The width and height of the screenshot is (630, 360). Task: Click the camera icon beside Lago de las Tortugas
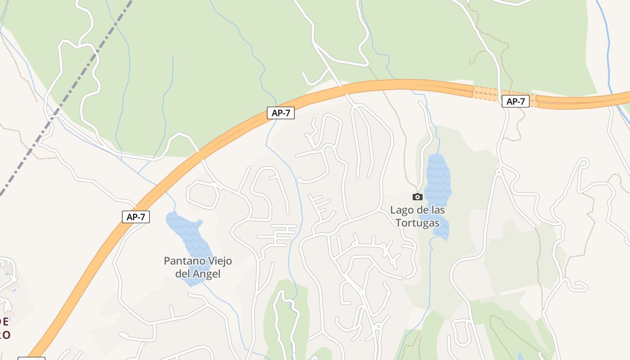pos(418,197)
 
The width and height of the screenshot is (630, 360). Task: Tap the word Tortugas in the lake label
pos(418,223)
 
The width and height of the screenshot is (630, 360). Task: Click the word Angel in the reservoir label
pos(207,274)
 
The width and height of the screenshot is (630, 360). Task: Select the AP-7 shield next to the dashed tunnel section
pos(516,101)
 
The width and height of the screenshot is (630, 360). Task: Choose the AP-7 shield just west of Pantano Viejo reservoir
pos(136,217)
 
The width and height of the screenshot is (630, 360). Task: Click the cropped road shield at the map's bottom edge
pos(31,359)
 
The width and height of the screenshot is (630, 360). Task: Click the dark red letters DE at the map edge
pos(4,322)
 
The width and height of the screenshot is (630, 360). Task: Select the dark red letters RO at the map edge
pos(4,335)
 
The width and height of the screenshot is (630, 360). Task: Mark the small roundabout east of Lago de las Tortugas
pos(499,172)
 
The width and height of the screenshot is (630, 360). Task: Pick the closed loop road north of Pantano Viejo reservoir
pos(203,195)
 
